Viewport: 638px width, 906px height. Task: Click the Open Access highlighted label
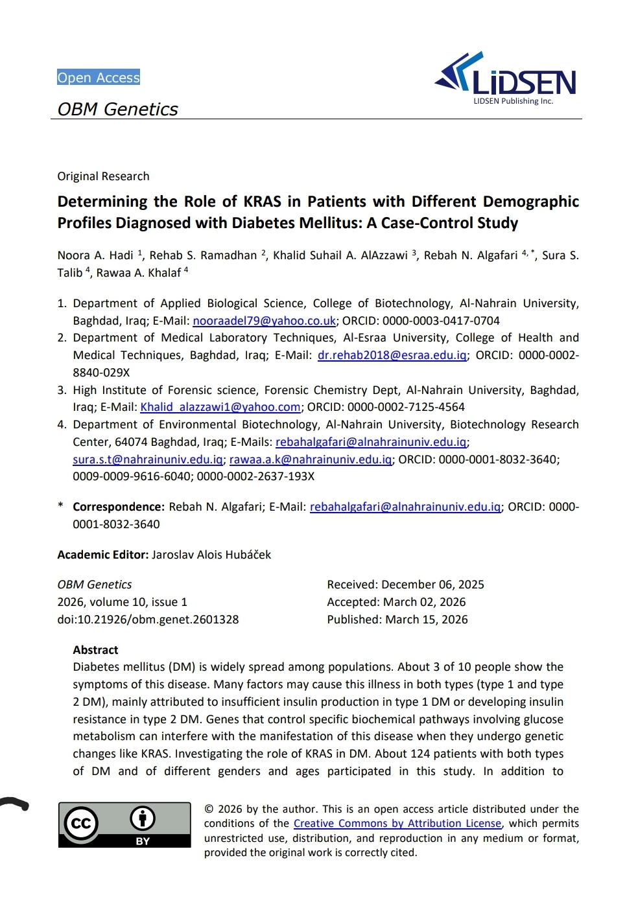click(99, 78)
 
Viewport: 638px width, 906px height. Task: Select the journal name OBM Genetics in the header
click(117, 110)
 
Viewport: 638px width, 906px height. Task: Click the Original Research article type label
click(103, 176)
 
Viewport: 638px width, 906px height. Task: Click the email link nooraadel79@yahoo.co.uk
click(264, 321)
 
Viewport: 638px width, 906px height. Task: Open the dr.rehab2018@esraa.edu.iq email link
click(392, 355)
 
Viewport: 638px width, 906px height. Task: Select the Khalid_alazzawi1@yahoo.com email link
click(220, 407)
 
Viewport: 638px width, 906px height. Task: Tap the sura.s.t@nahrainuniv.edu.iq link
click(148, 459)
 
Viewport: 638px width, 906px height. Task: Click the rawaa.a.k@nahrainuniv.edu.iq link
click(311, 459)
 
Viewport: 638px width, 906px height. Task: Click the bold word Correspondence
click(118, 507)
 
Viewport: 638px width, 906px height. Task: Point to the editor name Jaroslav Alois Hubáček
click(211, 555)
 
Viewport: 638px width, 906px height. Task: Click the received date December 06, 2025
click(432, 585)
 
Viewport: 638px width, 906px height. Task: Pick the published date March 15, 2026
click(427, 620)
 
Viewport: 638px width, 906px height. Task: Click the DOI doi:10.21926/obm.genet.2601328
click(148, 620)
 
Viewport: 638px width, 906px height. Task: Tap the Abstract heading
click(95, 650)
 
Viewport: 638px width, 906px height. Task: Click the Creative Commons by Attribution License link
click(397, 824)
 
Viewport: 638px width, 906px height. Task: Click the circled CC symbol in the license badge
click(81, 823)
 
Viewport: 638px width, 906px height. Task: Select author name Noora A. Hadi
click(95, 255)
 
